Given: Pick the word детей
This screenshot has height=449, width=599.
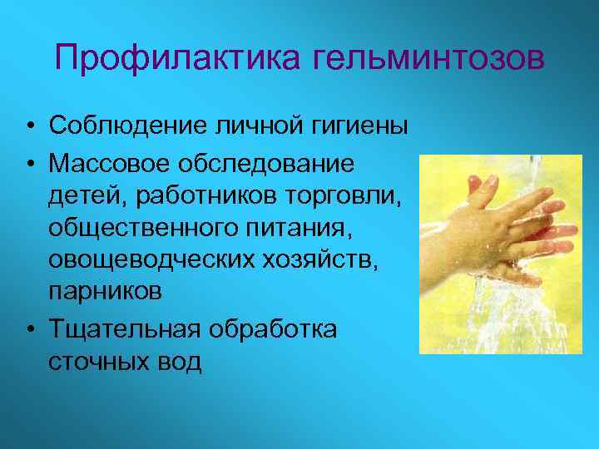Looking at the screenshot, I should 82,195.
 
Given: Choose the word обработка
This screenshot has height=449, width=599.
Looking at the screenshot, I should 277,329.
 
